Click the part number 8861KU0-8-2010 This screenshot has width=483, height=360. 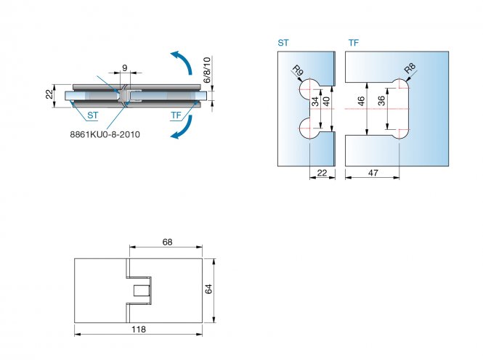(105, 134)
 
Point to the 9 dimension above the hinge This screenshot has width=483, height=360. (124, 68)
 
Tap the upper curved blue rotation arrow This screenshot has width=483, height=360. (182, 63)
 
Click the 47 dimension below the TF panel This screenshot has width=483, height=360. (373, 172)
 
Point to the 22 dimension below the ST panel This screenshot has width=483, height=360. (322, 172)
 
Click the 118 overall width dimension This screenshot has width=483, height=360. (137, 330)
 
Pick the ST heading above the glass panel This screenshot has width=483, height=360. (283, 44)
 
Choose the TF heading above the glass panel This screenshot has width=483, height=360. (353, 44)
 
